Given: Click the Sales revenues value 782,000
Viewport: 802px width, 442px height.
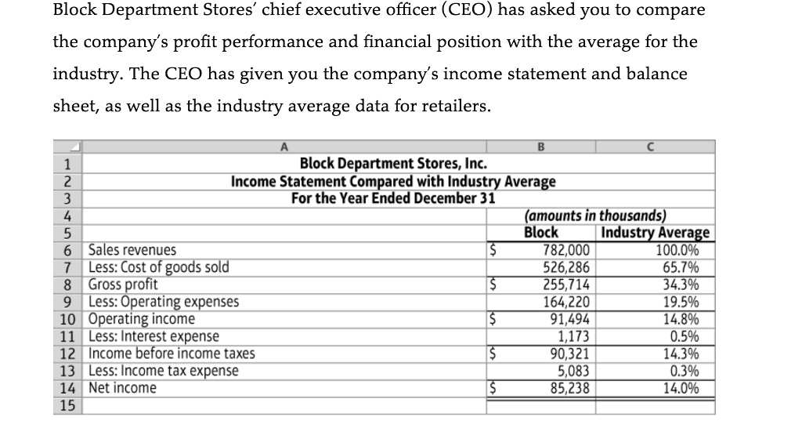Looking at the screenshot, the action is (568, 251).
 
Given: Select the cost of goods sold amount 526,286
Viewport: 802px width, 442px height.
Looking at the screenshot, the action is (568, 268).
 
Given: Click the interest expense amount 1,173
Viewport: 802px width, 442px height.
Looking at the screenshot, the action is (575, 337).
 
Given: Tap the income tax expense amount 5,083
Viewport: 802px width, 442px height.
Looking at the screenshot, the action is (575, 371).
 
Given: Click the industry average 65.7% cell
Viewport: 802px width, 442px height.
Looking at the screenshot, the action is (681, 268).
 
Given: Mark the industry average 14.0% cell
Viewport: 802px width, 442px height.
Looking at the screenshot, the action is (681, 389).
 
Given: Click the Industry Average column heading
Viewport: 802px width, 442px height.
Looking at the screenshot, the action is (655, 233).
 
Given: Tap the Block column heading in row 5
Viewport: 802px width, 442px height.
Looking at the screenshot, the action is (540, 233).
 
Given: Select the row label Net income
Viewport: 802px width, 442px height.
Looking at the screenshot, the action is (122, 389).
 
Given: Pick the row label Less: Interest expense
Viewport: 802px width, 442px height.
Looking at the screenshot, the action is (154, 337).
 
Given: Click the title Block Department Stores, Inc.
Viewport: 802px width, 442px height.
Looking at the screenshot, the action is (393, 164).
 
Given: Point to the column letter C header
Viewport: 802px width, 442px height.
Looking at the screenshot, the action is (656, 146).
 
